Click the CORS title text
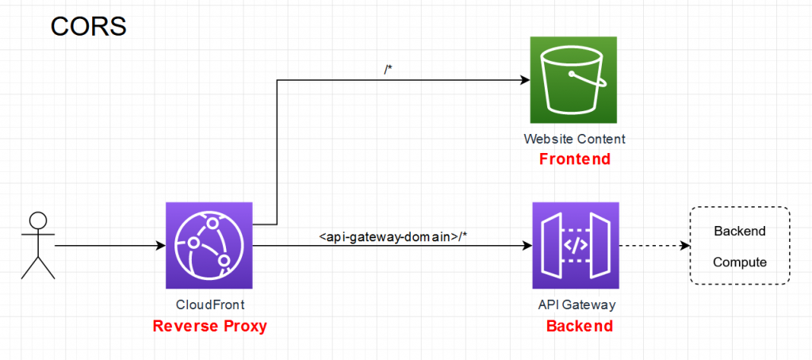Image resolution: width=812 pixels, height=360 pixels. (88, 27)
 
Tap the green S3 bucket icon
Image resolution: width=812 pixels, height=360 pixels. (573, 80)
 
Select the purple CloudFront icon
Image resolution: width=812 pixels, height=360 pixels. (209, 245)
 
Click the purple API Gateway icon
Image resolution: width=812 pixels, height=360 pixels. (576, 245)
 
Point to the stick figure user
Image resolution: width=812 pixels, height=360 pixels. (38, 246)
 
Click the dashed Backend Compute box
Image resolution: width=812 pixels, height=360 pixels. (740, 246)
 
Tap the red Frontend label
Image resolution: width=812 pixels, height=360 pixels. (575, 159)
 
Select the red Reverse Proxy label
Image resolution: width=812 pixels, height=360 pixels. (209, 327)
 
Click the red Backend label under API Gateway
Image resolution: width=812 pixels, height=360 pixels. (580, 327)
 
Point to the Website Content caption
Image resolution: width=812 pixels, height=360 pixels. (574, 140)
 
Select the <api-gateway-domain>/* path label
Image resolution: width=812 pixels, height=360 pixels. (393, 237)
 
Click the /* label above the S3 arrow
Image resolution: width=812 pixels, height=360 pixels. (388, 71)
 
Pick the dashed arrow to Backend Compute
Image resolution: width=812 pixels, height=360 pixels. (654, 246)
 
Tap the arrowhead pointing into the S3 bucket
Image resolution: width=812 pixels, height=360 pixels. (525, 80)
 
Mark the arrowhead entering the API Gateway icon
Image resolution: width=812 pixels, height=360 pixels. (527, 246)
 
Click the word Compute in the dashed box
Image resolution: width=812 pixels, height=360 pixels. (740, 262)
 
